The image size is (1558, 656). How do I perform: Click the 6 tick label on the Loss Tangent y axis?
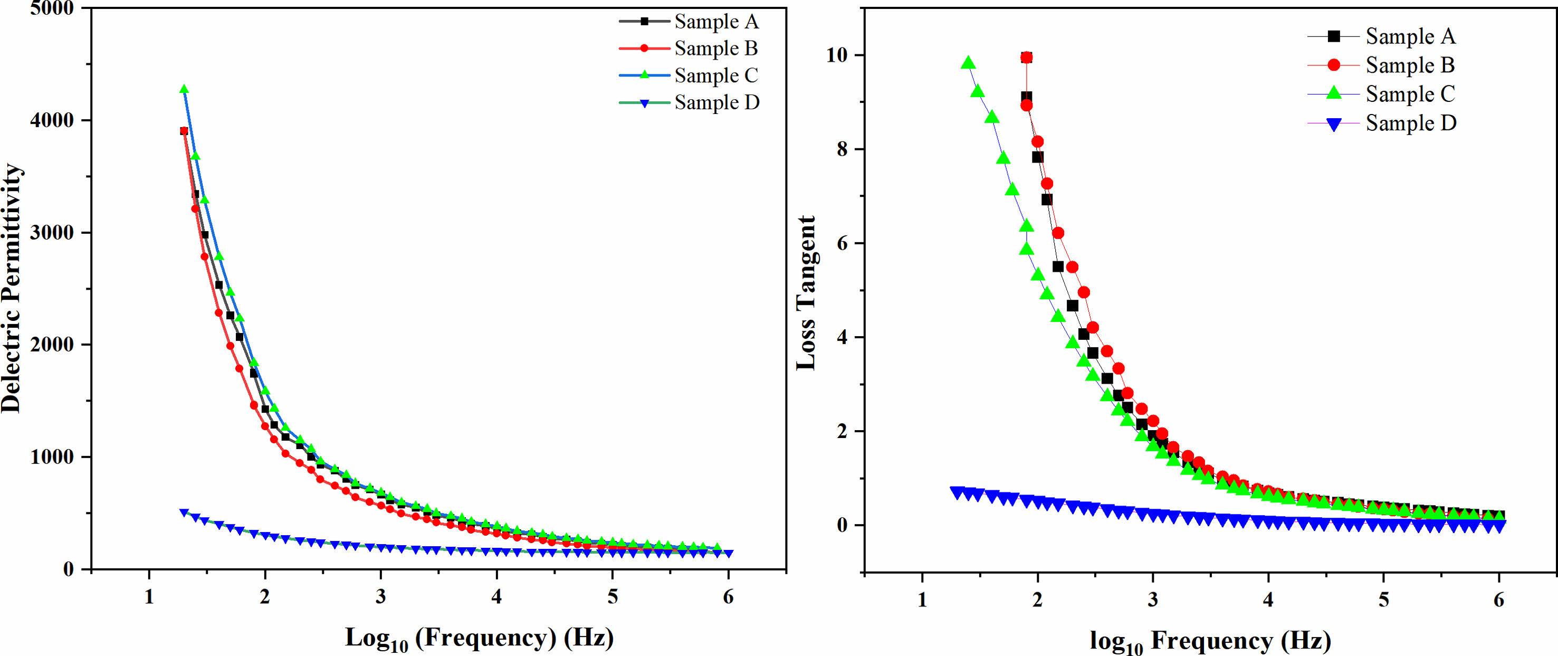(842, 244)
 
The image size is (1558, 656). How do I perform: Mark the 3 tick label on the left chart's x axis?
(380, 597)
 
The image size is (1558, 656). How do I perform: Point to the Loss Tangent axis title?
(806, 293)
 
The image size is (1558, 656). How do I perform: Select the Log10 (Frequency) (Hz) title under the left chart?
(479, 639)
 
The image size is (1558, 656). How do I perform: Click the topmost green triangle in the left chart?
(184, 90)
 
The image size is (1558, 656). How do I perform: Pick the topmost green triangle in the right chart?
(968, 63)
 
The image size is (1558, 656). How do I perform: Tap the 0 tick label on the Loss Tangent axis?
(842, 526)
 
